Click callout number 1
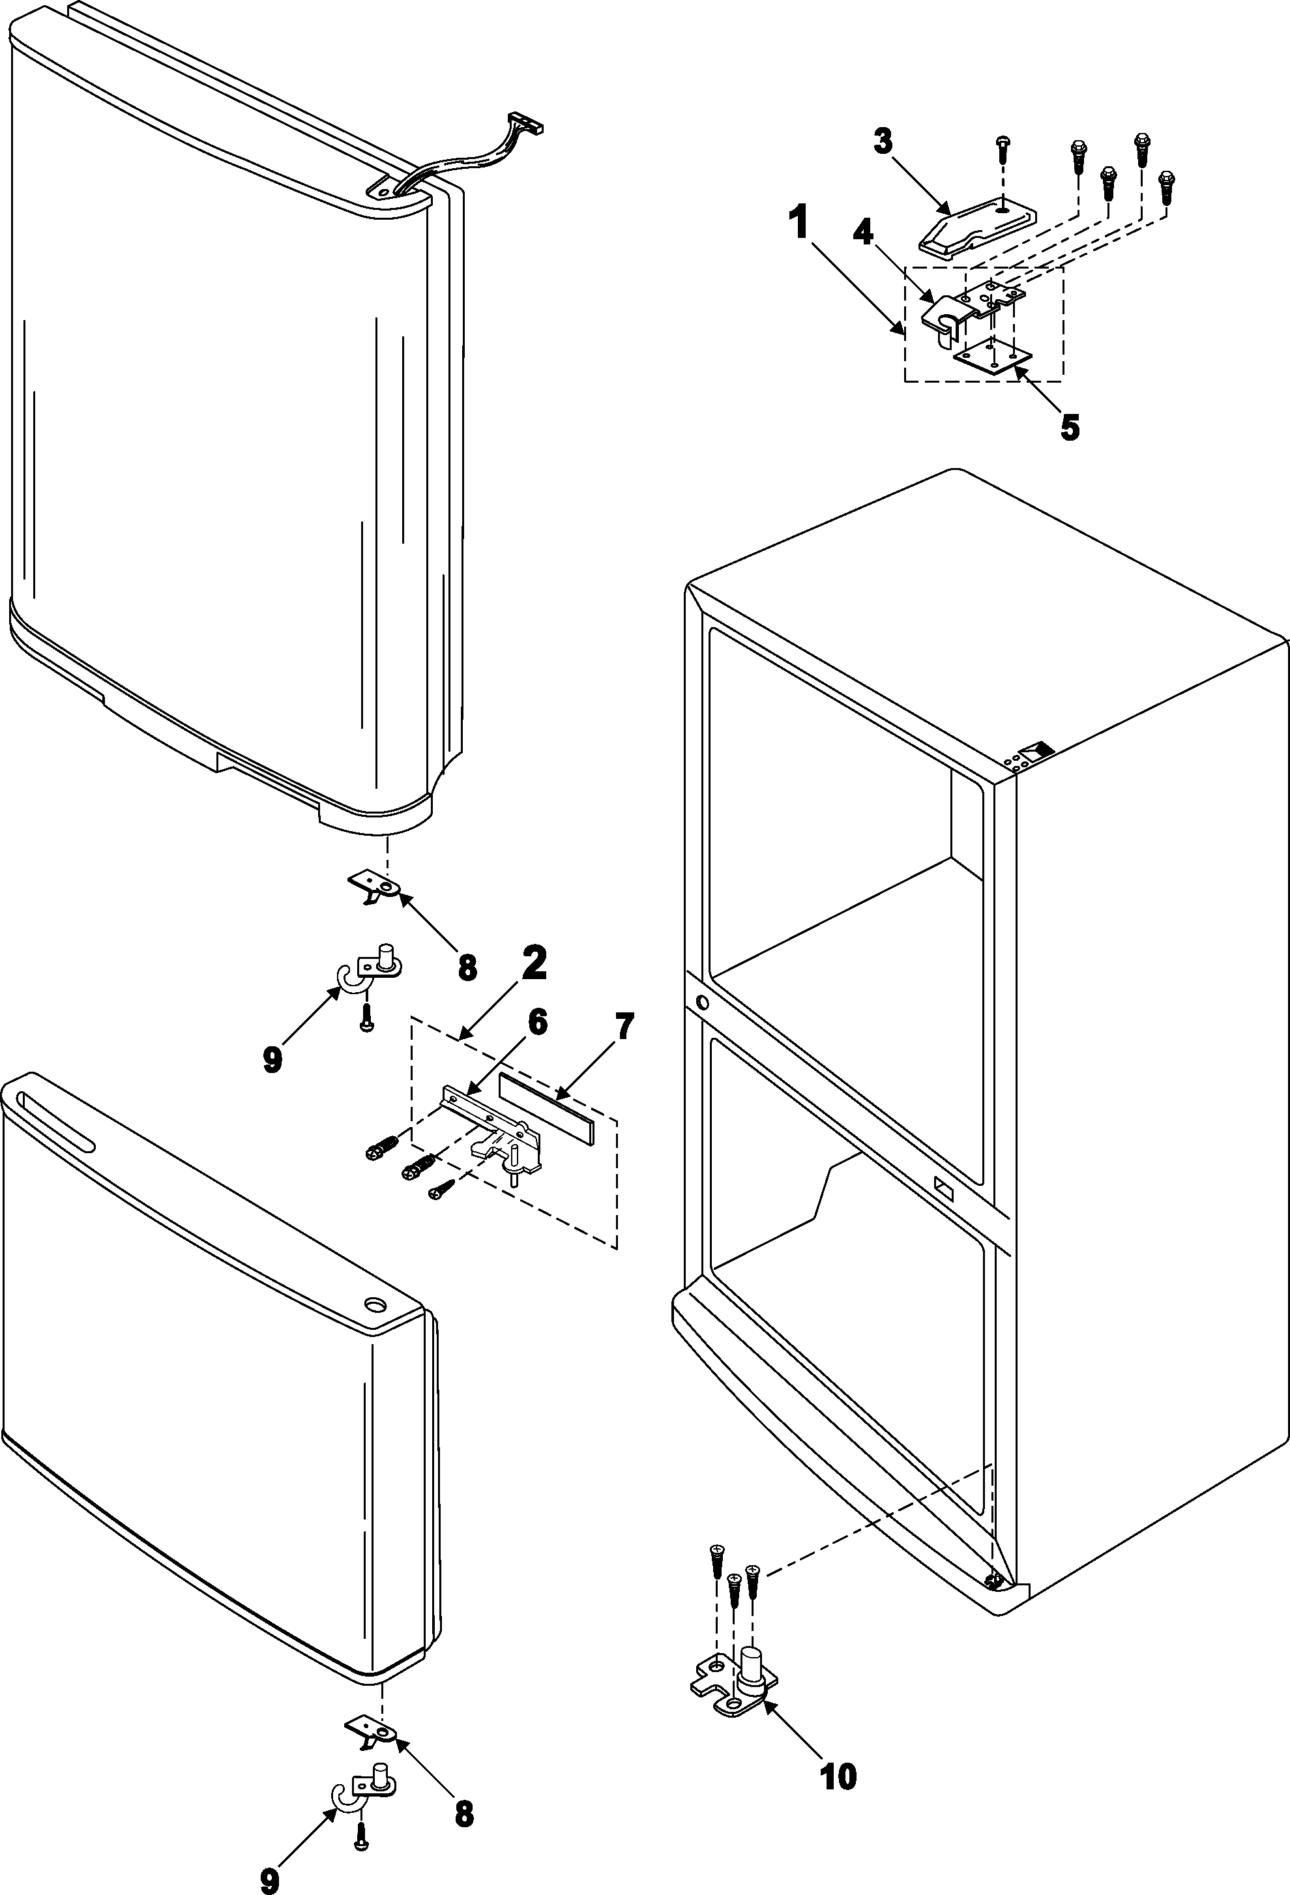pos(799,222)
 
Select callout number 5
pos(1069,427)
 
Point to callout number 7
pos(623,1027)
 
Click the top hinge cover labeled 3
pos(975,224)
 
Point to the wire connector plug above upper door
pos(525,123)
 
